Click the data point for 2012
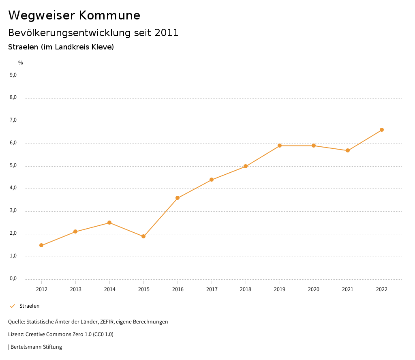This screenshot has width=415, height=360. pos(41,245)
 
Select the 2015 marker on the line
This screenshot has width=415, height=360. pos(143,236)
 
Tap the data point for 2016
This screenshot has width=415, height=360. pos(178,198)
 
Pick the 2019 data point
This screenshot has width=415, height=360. pos(280,146)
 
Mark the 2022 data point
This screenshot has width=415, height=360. pos(382,130)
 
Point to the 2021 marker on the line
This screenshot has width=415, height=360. pos(348,150)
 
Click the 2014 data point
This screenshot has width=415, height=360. pos(109,223)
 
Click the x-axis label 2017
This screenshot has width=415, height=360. pos(212,289)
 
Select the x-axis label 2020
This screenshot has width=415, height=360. pos(314,289)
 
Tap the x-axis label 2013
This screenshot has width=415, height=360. pos(75,289)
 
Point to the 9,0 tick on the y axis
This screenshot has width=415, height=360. pos(13,75)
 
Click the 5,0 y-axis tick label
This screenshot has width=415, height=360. pos(13,165)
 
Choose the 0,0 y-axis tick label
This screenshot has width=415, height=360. pos(13,279)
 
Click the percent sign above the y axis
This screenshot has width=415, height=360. pos(21,62)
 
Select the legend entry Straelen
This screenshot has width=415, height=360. pos(29,306)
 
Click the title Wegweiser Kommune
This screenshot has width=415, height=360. pos(74,15)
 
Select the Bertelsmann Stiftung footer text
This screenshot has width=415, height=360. pos(36,347)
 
